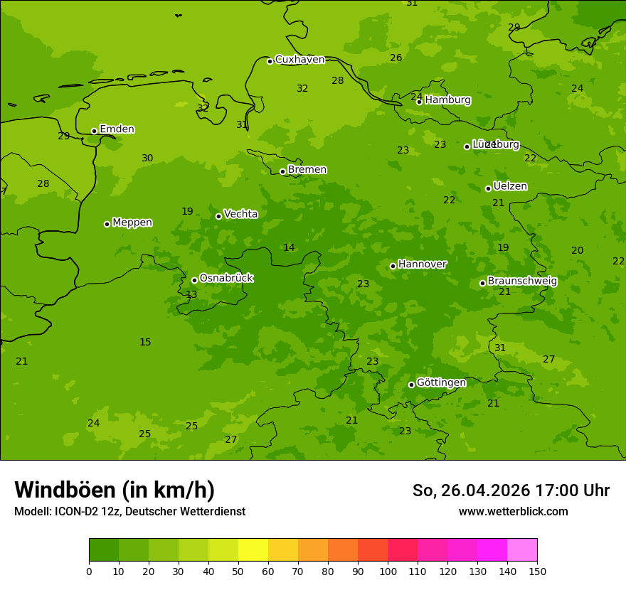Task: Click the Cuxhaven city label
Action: coord(299,60)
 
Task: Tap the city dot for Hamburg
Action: coord(419,102)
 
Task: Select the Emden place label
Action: coord(117,129)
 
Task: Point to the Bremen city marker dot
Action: coord(282,171)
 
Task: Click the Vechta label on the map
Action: coord(240,214)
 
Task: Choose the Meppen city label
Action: coord(132,222)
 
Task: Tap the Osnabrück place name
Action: coord(226,278)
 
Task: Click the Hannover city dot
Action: coord(393,266)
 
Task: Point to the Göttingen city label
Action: coord(441,382)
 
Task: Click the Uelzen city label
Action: coord(510,186)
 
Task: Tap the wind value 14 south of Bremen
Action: coord(289,248)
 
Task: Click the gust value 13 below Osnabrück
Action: coord(191,295)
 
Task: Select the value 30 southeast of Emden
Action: coord(147,159)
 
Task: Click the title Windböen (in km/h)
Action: coord(115,490)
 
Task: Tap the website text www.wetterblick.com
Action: coord(513,512)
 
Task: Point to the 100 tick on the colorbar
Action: coord(388,571)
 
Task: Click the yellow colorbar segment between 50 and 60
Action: coord(253,550)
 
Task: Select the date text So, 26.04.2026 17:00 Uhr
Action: coord(511,490)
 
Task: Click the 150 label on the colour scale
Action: coord(537,571)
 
